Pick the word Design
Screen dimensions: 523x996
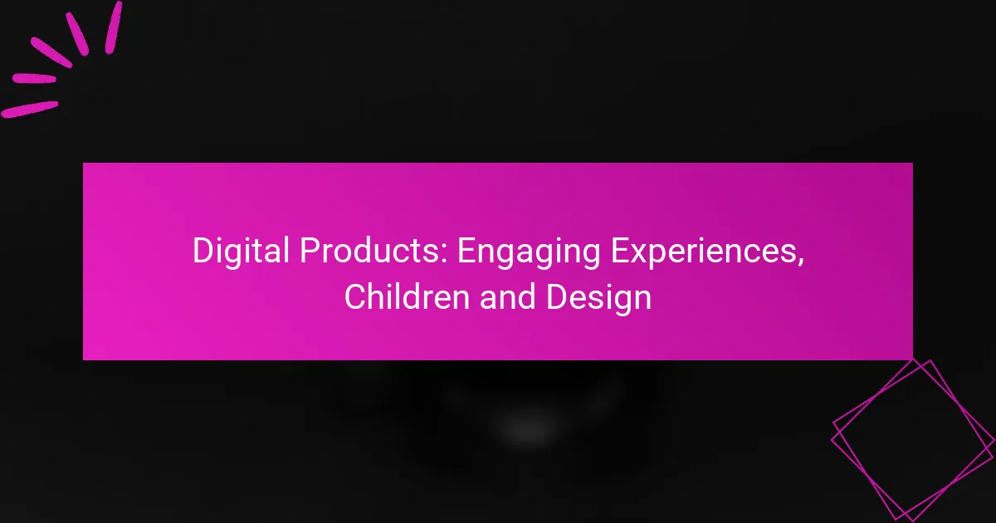[x=599, y=297]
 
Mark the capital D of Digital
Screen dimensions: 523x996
[x=202, y=252]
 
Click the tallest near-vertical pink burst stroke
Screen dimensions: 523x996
[x=113, y=27]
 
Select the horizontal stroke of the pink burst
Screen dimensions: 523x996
[x=33, y=80]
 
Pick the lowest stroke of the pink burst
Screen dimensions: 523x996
[x=30, y=109]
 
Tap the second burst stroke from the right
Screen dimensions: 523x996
[x=76, y=33]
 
